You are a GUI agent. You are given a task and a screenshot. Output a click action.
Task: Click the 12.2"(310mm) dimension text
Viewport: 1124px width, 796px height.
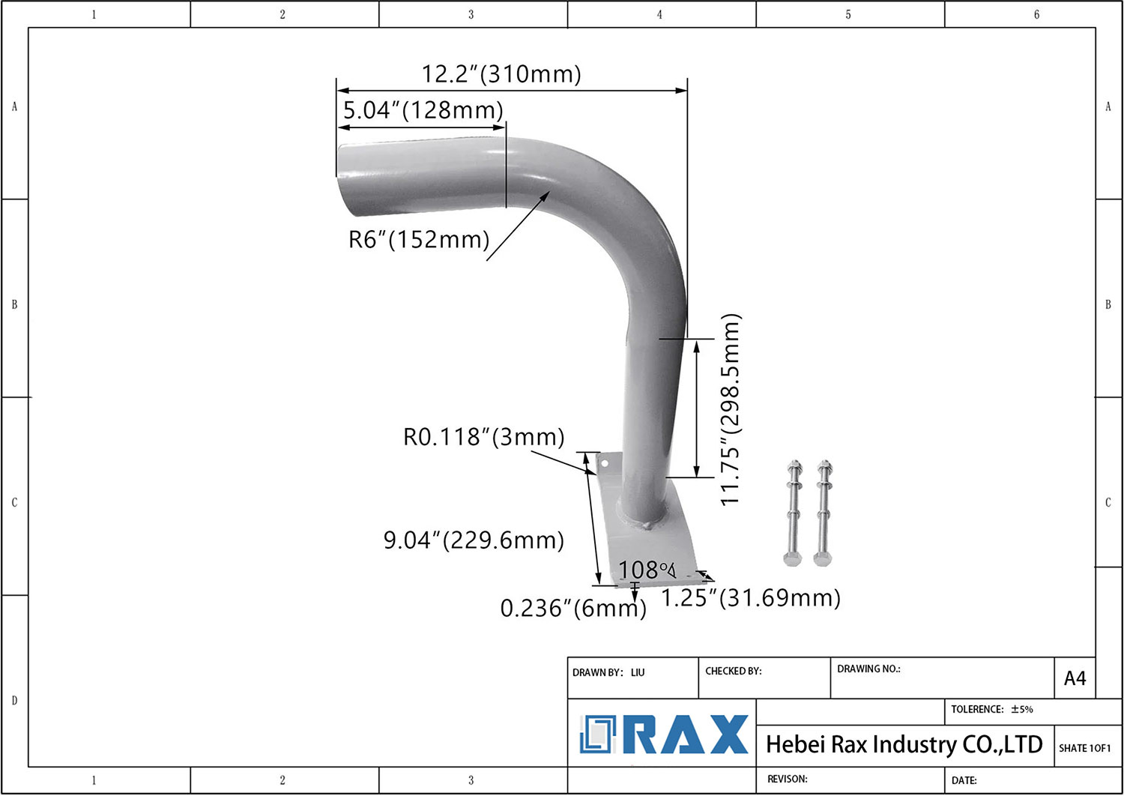[x=501, y=74]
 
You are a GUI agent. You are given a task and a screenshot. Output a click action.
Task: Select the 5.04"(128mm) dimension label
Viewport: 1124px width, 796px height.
[x=423, y=110]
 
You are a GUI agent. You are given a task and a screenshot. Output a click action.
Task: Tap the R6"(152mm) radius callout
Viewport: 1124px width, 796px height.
[x=418, y=239]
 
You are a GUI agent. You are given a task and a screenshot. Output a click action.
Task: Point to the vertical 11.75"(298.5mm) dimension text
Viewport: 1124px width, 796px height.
[x=730, y=409]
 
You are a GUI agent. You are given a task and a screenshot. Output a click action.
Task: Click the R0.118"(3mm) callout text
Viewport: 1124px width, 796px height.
[x=483, y=437]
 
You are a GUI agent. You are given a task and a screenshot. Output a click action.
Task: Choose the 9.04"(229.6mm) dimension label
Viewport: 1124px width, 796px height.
[x=473, y=540]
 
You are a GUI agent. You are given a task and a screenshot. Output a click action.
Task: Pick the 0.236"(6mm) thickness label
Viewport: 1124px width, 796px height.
[x=572, y=608]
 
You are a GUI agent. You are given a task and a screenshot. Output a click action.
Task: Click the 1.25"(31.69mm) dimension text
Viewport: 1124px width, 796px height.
[x=750, y=598]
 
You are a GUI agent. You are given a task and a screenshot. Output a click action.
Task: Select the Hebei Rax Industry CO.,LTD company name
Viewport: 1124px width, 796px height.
[x=904, y=744]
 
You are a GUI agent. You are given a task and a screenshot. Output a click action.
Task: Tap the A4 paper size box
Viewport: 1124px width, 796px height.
[x=1075, y=678]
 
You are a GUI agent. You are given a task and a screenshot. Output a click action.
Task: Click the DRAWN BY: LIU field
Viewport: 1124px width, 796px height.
[x=608, y=672]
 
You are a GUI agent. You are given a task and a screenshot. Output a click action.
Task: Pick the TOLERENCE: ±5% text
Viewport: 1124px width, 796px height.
[x=991, y=709]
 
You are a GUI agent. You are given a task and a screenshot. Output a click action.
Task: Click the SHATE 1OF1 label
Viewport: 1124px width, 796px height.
[x=1084, y=748]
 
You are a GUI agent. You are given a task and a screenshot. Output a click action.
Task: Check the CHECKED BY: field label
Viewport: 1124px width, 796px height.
[x=733, y=671]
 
